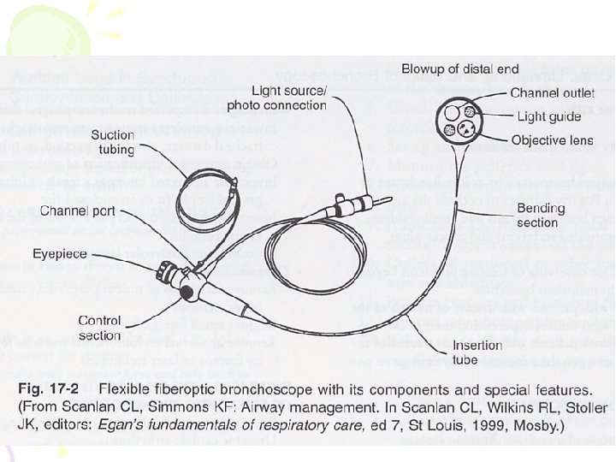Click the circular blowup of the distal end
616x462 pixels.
459,121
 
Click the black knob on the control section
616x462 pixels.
186,294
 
